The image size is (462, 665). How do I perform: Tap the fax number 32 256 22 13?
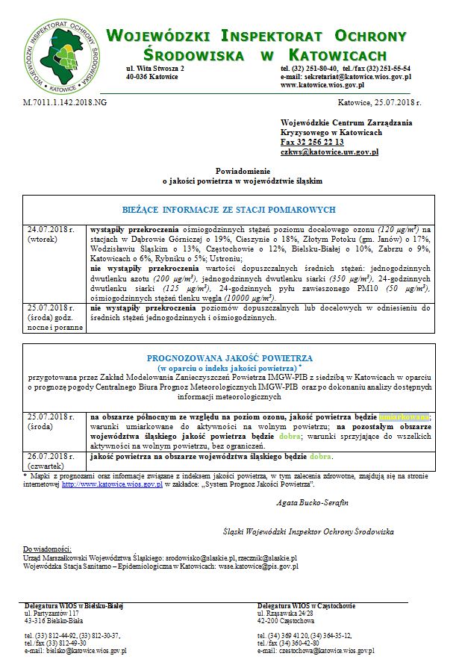click(x=312, y=142)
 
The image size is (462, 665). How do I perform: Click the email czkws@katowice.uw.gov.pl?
click(x=329, y=152)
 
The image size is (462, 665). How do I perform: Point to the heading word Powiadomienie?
click(x=243, y=171)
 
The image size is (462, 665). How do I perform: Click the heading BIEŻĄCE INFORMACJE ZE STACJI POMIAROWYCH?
click(x=228, y=210)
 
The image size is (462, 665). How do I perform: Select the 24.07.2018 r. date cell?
click(x=50, y=229)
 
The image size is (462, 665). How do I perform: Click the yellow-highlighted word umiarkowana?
click(x=405, y=416)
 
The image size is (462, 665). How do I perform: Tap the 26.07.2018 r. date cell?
click(x=50, y=456)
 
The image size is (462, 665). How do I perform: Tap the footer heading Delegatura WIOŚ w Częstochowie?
click(x=306, y=605)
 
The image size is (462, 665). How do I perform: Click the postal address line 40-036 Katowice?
click(x=152, y=77)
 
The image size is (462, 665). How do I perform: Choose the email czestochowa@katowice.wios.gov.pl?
click(x=316, y=651)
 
